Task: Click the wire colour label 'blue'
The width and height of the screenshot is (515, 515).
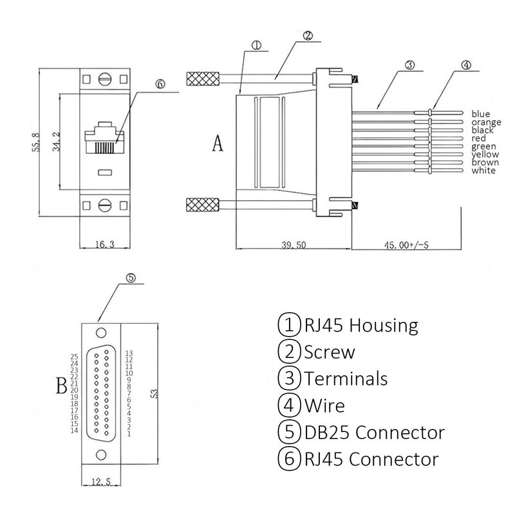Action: click(x=480, y=114)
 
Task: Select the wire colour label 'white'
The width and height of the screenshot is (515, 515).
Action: click(x=483, y=171)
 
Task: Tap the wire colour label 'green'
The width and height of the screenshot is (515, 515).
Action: click(x=484, y=147)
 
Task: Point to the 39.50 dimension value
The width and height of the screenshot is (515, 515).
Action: click(x=294, y=245)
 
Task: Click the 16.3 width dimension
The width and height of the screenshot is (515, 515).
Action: click(x=105, y=245)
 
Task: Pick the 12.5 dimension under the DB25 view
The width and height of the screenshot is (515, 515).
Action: click(x=101, y=482)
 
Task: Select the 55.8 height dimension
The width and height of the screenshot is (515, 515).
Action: click(x=36, y=142)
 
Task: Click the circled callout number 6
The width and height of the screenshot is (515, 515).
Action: click(x=160, y=84)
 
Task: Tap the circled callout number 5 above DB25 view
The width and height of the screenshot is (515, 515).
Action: click(x=131, y=278)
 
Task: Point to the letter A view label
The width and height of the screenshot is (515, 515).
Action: click(x=218, y=143)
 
